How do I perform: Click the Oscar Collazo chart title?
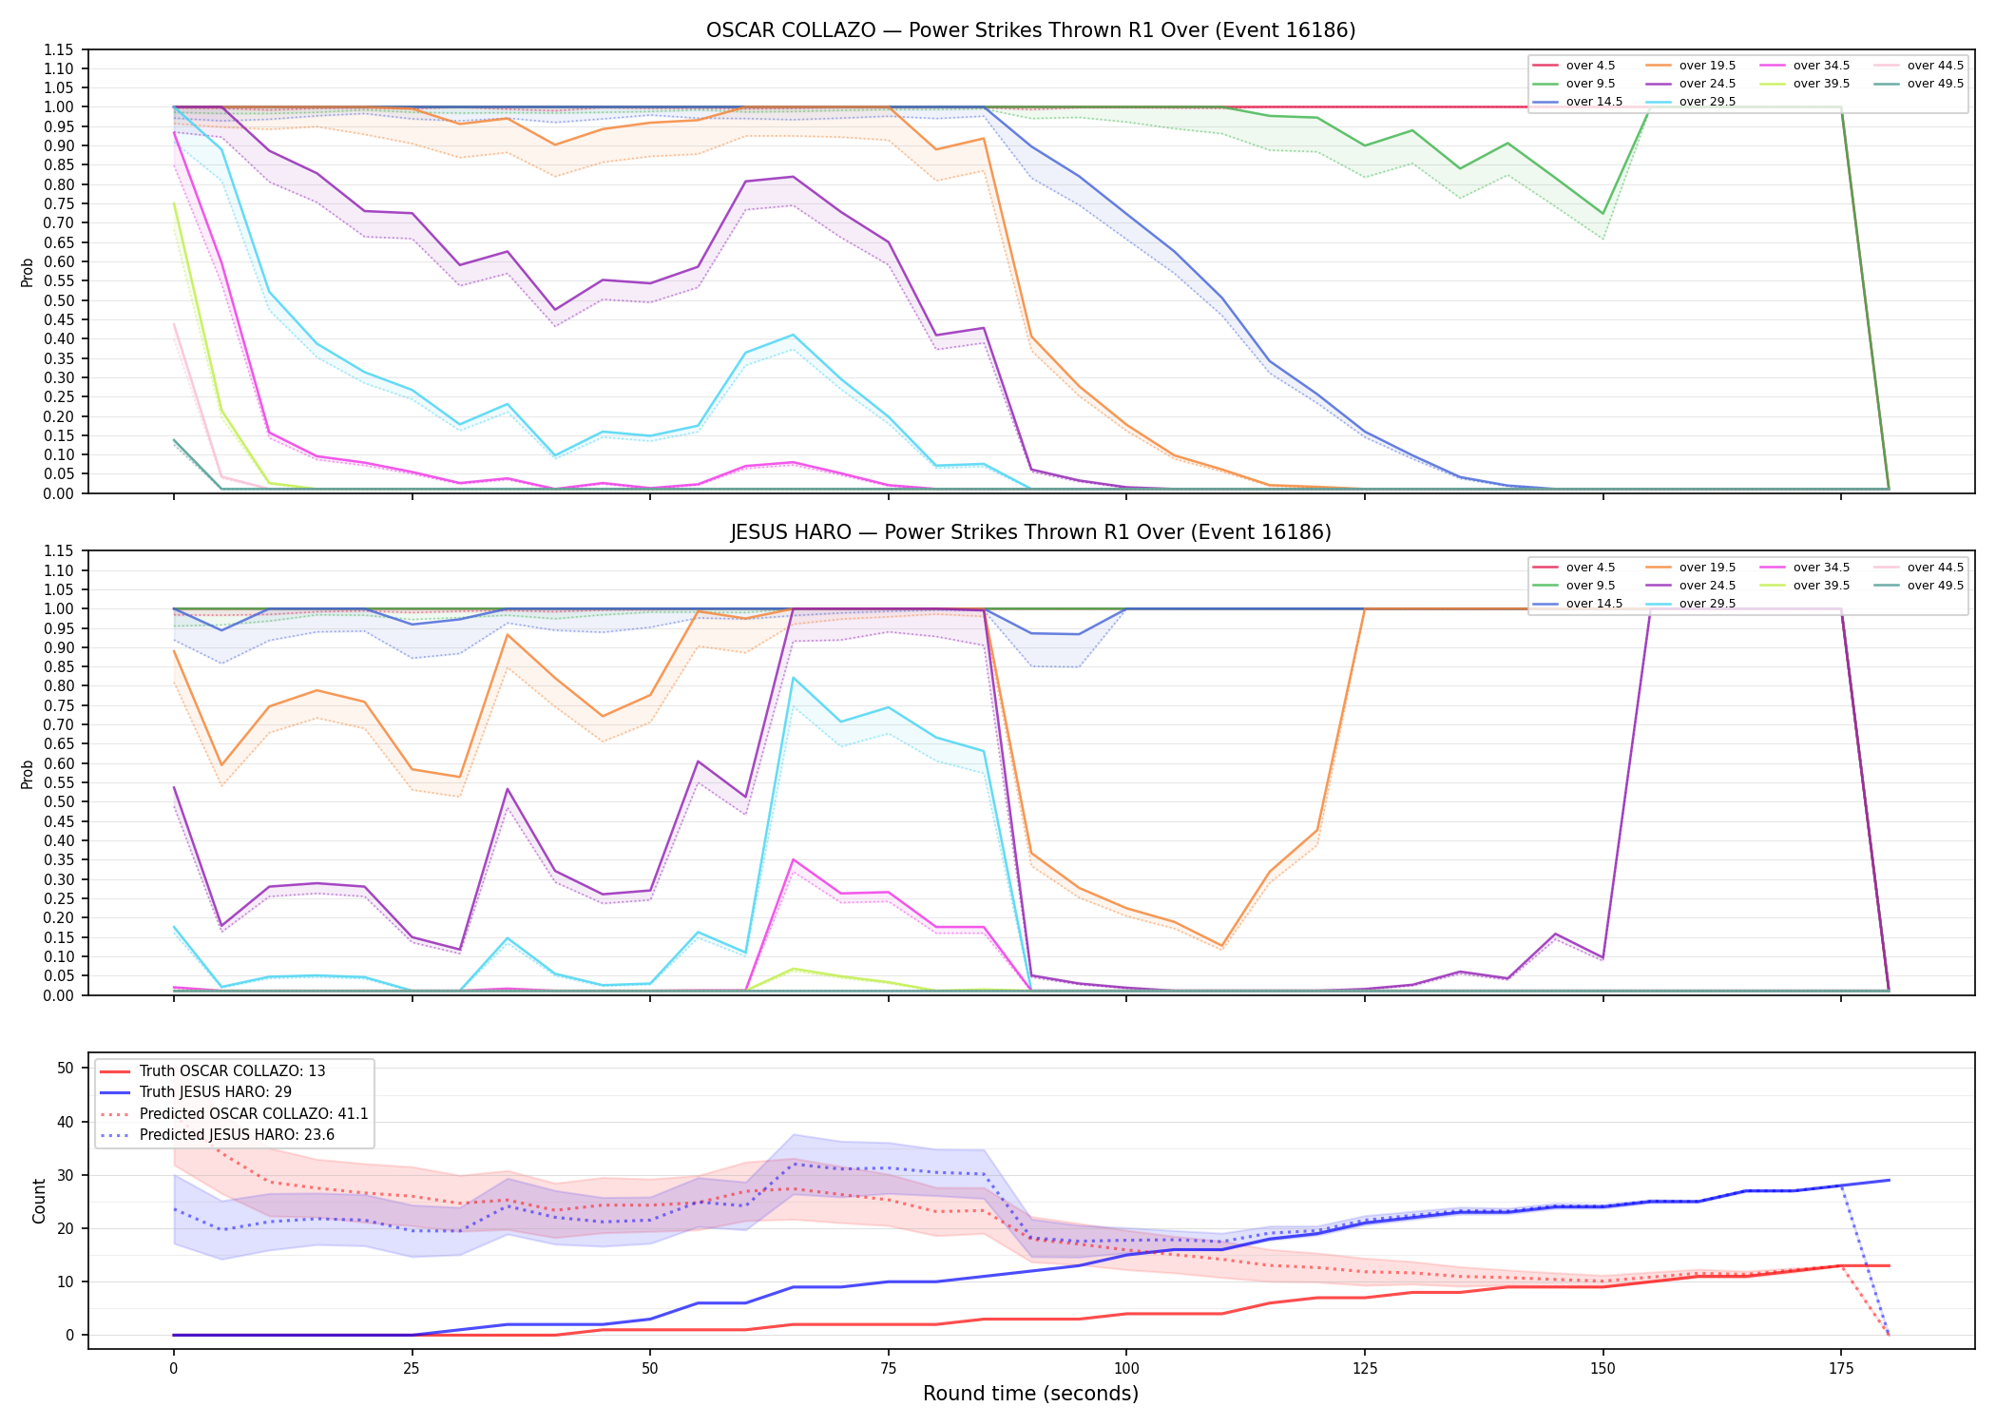click(x=1030, y=30)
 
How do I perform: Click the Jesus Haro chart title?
click(x=1030, y=532)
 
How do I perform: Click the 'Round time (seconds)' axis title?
click(x=1030, y=1394)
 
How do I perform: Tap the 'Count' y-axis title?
click(x=39, y=1201)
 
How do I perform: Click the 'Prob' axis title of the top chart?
click(x=28, y=272)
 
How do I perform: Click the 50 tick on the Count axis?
click(x=66, y=1068)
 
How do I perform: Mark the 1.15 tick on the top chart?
click(x=59, y=49)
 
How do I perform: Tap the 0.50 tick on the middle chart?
click(x=59, y=801)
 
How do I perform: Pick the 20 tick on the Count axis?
click(x=66, y=1228)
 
